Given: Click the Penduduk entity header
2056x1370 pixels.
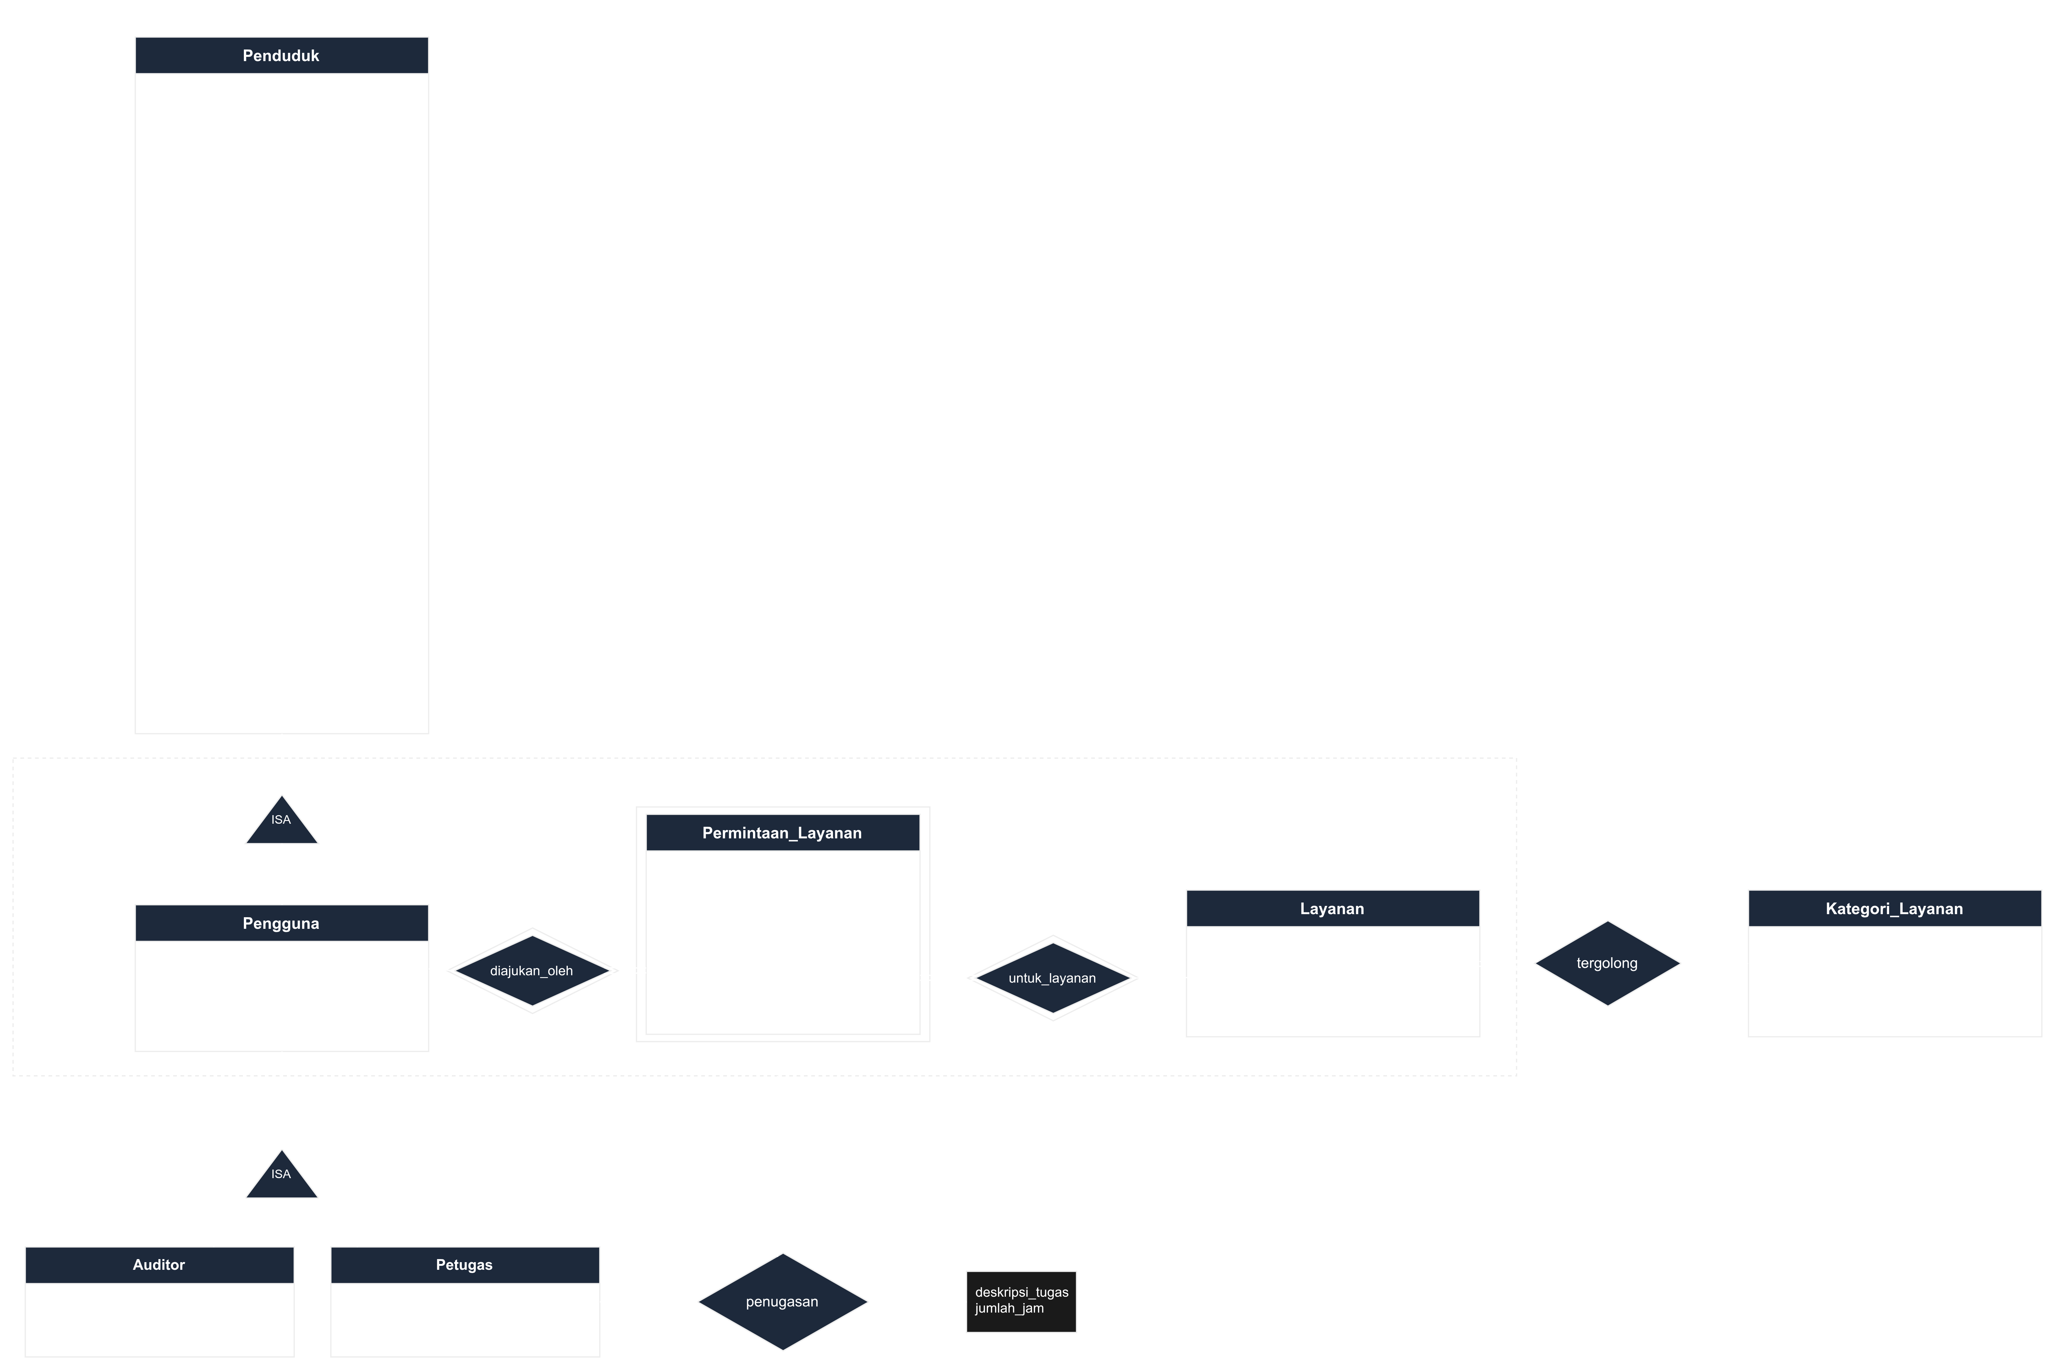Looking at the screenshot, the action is tap(281, 55).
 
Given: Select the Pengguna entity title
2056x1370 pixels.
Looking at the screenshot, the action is tap(281, 924).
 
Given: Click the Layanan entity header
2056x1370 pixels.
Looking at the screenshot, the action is tap(1332, 909).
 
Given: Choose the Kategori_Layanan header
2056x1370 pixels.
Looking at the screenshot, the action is tap(1894, 909).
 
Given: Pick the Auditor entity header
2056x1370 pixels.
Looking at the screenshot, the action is tap(159, 1265).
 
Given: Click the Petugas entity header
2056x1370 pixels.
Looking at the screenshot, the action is tap(465, 1265).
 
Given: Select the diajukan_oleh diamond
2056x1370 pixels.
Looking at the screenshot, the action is tap(532, 971).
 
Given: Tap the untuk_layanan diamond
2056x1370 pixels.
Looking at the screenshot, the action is tap(1053, 978).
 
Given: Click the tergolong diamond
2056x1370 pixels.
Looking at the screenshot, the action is tap(1608, 963).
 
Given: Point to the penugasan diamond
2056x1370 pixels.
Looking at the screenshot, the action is tap(783, 1302).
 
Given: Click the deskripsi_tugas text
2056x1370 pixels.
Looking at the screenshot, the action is tap(1022, 1292).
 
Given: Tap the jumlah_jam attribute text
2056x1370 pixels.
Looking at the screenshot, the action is tap(1009, 1308).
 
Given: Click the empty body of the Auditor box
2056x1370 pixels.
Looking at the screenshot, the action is tap(159, 1319).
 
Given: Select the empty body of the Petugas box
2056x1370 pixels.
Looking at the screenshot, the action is tap(465, 1319).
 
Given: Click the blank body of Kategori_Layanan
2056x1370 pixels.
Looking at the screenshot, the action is tap(1894, 981).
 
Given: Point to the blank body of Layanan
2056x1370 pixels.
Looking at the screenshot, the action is tap(1332, 981).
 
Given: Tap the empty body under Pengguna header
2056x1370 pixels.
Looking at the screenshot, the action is tap(281, 996).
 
